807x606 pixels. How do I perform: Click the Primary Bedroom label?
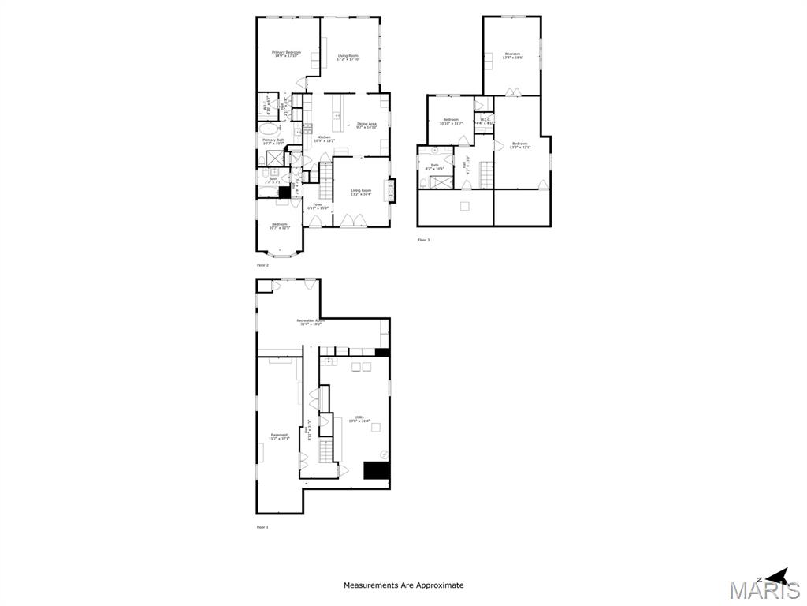tap(286, 54)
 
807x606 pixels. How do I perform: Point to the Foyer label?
tap(318, 206)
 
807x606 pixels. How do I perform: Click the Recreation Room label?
tap(311, 322)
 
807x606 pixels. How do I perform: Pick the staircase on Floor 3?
tap(487, 174)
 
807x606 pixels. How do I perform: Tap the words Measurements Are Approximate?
tap(403, 585)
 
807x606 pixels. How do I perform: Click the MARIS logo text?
tap(764, 591)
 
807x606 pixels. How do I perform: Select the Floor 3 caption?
tap(424, 240)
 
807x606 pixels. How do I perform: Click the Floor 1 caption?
tap(262, 527)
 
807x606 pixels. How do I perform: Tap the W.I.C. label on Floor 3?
tap(485, 122)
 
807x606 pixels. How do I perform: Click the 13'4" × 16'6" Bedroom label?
tap(512, 55)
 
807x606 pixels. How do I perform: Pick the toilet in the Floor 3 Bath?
tap(424, 183)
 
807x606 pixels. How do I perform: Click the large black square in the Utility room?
tap(377, 470)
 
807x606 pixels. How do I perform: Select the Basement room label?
tap(279, 436)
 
